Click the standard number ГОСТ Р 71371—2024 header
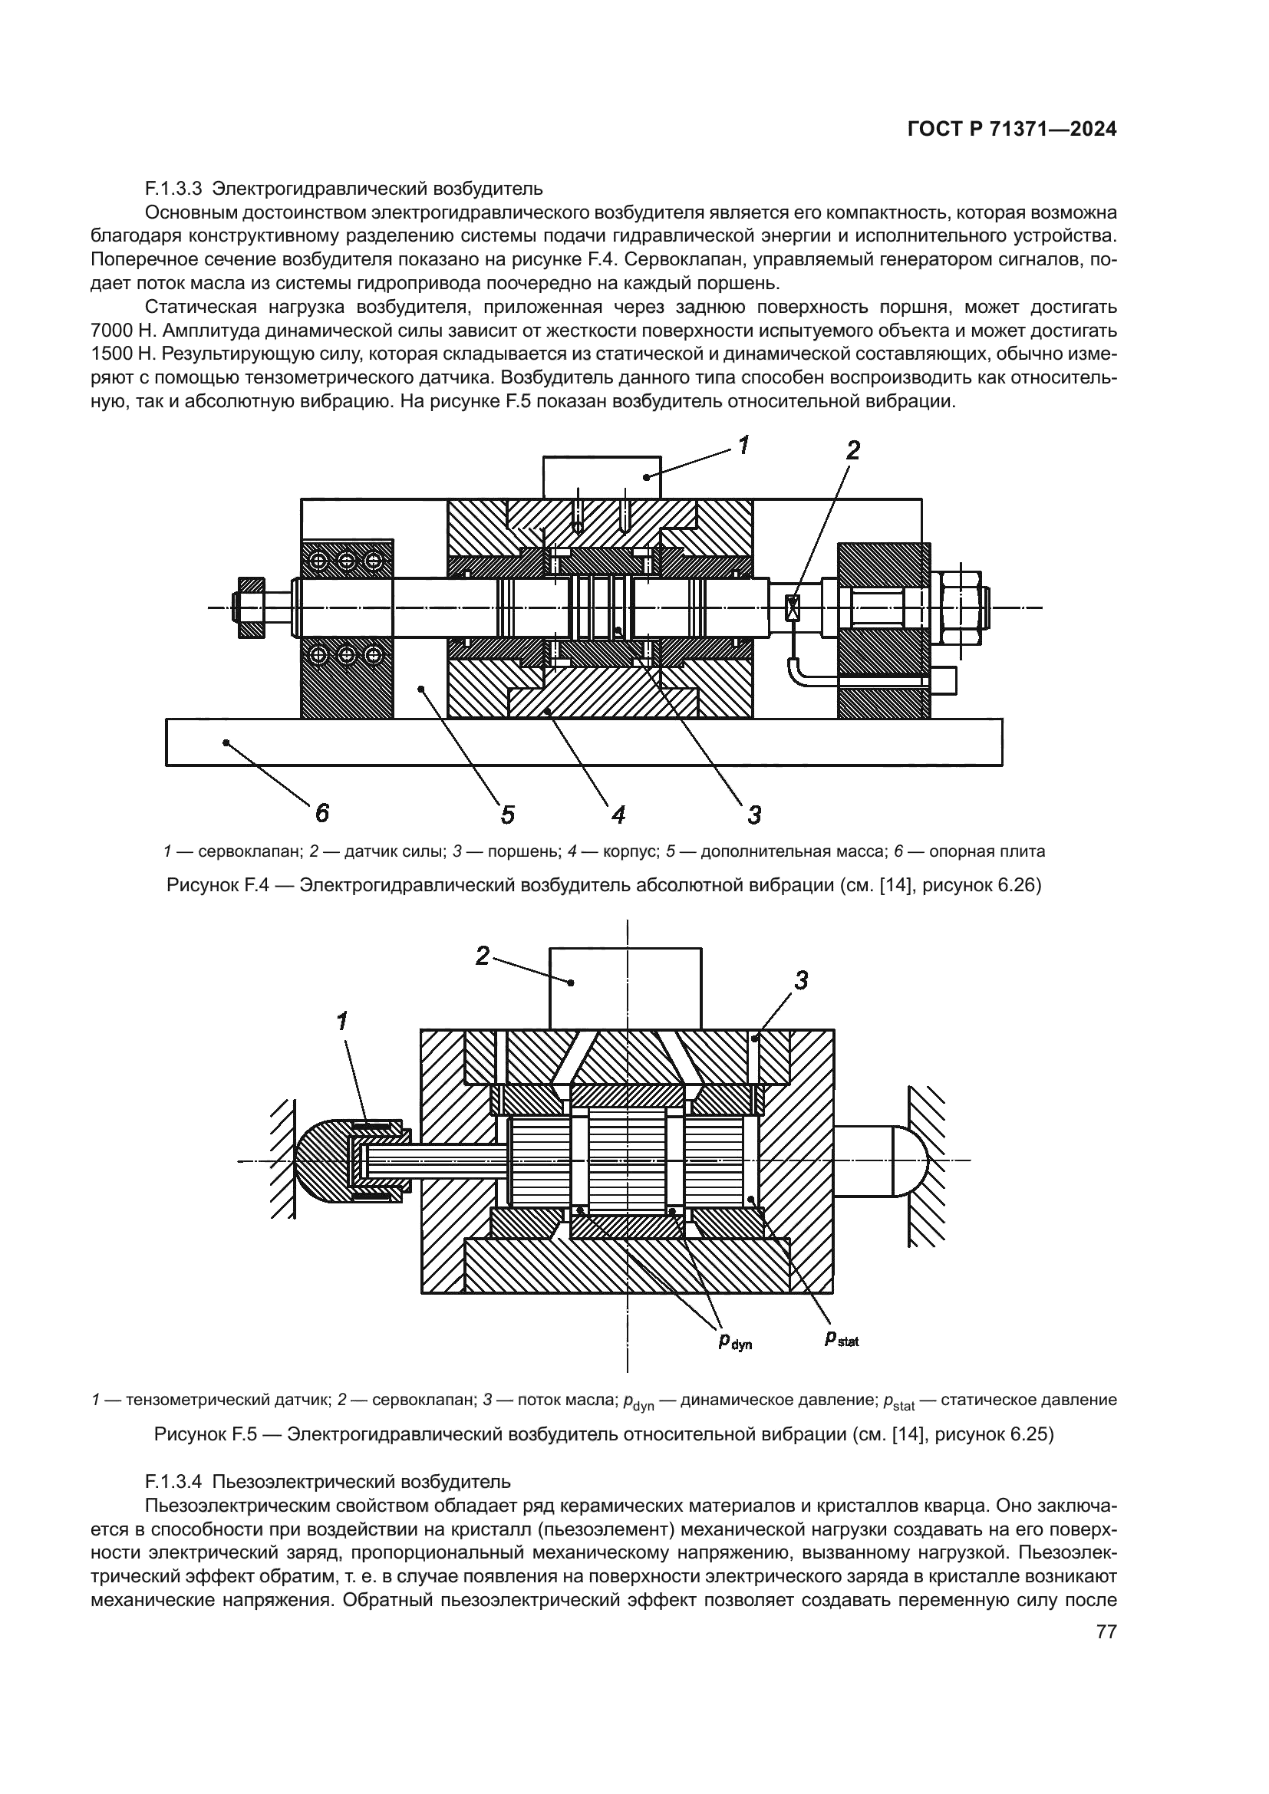(x=1012, y=130)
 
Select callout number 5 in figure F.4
(x=507, y=815)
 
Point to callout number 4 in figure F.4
(x=618, y=815)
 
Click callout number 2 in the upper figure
(x=852, y=450)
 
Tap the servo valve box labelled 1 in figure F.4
(x=602, y=477)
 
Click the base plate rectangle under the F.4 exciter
(x=584, y=742)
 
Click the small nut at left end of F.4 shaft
(x=252, y=608)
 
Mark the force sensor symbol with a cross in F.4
(x=793, y=608)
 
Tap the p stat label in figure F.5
(x=842, y=1339)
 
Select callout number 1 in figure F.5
(x=341, y=1020)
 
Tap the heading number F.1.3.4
(x=173, y=1480)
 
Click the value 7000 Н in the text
(x=123, y=331)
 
